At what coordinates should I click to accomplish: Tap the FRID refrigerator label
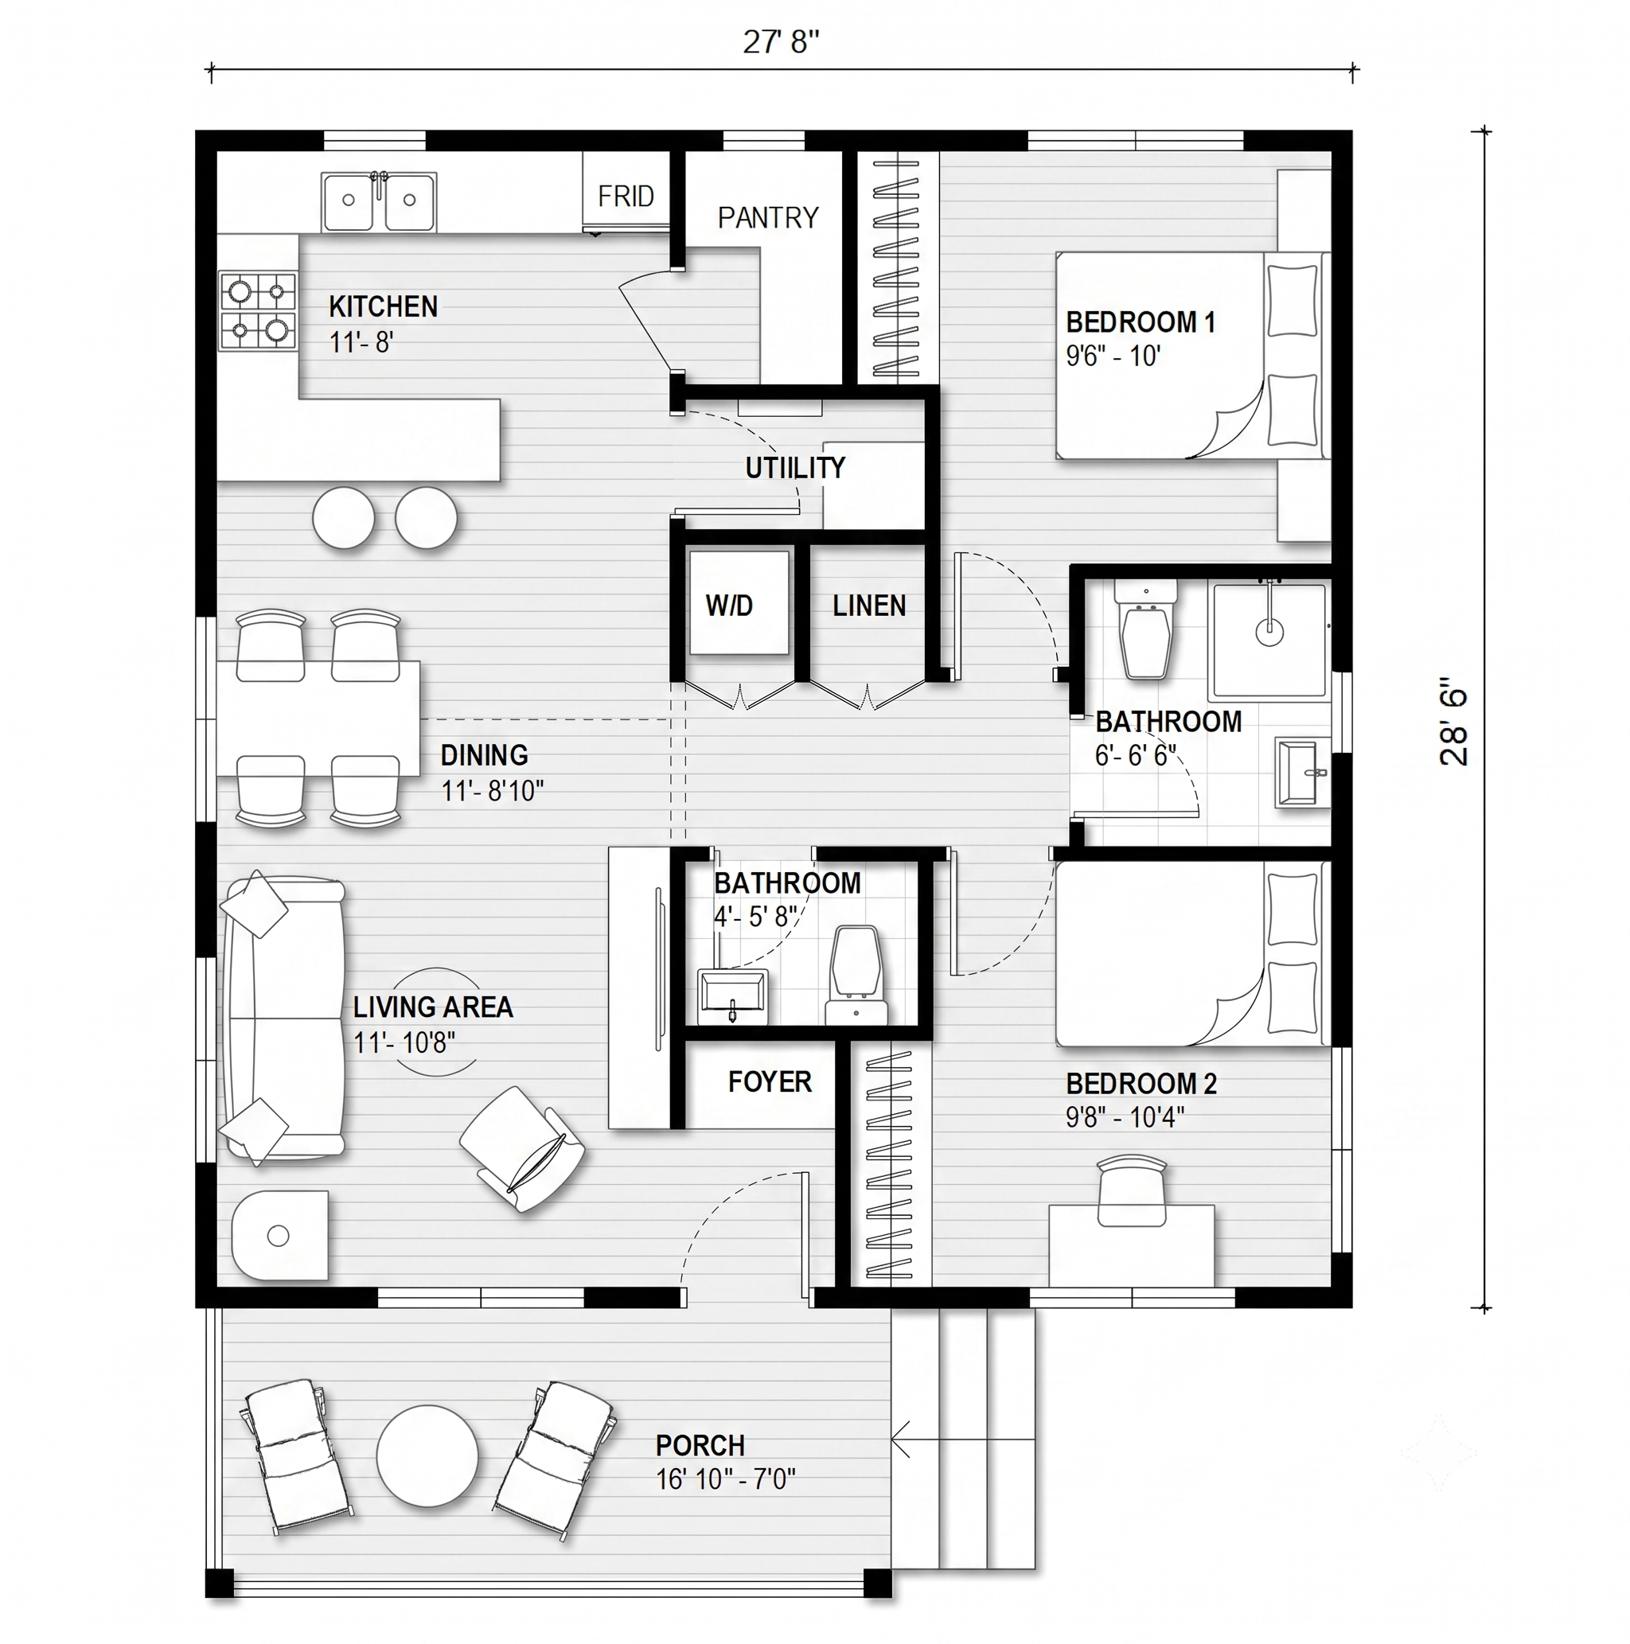point(626,197)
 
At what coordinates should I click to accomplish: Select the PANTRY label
point(768,218)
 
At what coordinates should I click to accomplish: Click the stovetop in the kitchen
point(259,310)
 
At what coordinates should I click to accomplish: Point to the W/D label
point(730,606)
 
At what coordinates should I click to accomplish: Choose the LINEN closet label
point(869,606)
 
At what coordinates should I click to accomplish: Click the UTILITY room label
point(795,467)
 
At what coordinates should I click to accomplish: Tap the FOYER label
point(770,1081)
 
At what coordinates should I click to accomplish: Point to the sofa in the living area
point(283,1017)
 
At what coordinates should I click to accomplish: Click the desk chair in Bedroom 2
point(1131,1190)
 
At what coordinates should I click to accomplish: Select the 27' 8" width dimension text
point(781,41)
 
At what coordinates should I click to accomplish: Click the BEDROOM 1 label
point(1141,322)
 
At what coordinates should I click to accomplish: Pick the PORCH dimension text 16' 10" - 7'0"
point(725,1480)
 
